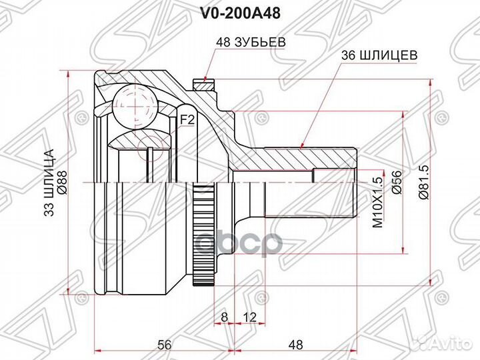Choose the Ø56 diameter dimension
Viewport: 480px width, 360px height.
pyautogui.click(x=396, y=181)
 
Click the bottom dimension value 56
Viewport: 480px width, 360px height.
pyautogui.click(x=164, y=345)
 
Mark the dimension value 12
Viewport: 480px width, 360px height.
pyautogui.click(x=249, y=316)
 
